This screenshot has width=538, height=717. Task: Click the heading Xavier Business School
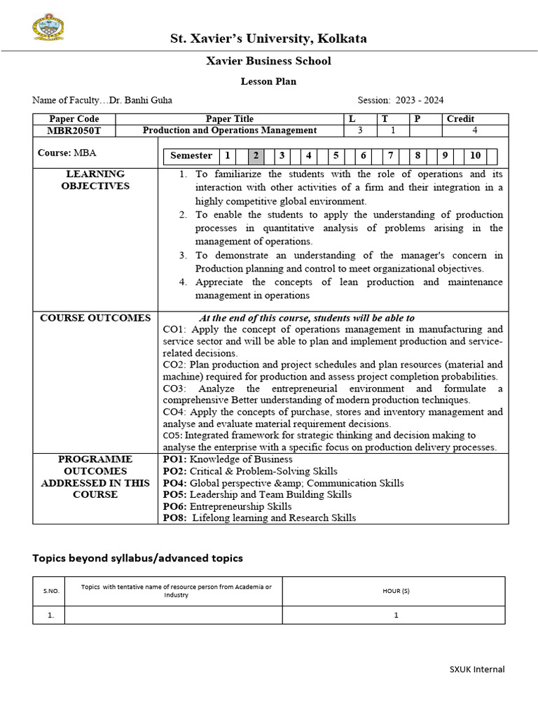(268, 61)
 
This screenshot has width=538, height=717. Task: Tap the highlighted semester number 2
(256, 155)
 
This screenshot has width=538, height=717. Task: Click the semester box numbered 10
(476, 155)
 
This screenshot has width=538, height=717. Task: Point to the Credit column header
(460, 119)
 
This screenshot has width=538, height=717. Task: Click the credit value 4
(475, 130)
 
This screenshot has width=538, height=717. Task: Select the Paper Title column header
(229, 119)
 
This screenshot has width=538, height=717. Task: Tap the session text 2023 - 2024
(420, 100)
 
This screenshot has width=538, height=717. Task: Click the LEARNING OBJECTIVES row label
(95, 180)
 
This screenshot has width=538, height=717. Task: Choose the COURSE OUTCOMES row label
(95, 318)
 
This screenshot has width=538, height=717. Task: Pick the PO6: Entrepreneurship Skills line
(227, 506)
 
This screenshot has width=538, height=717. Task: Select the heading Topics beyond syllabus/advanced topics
(138, 558)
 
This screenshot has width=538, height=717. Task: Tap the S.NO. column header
(48, 591)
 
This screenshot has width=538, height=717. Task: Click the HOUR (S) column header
(396, 591)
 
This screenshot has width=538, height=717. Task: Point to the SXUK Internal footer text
(476, 669)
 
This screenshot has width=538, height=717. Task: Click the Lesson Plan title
(268, 81)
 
